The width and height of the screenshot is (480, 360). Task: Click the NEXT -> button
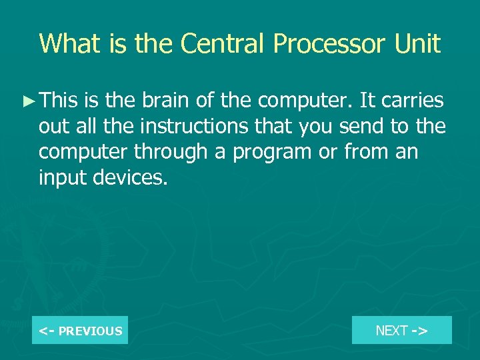click(401, 330)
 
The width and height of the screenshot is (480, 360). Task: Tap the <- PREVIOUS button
click(80, 331)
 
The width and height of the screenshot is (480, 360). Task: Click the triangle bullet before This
click(29, 101)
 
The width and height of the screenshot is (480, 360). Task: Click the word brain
click(165, 101)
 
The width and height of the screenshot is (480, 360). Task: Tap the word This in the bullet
click(59, 101)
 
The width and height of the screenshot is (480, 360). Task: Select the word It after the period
click(366, 101)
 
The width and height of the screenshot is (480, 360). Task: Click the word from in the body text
click(366, 152)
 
